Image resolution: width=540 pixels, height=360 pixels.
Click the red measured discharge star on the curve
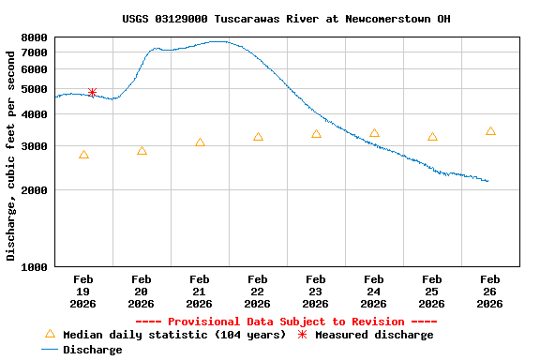point(92,93)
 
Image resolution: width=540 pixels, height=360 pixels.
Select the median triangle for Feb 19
point(83,155)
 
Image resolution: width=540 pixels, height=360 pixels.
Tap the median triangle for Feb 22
point(258,137)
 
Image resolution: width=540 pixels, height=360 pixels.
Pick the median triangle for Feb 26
point(490,131)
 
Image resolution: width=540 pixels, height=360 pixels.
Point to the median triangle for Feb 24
point(374,133)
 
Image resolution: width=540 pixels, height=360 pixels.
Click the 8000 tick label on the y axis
point(34,38)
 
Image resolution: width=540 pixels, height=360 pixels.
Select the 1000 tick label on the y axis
point(34,267)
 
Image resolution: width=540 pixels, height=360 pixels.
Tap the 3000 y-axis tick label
point(34,147)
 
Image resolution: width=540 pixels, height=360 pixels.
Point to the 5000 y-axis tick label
point(34,90)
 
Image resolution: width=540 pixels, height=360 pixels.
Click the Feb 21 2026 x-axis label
point(199,291)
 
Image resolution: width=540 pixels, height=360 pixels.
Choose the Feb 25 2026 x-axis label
point(431,291)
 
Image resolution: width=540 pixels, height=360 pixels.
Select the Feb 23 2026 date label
point(315,291)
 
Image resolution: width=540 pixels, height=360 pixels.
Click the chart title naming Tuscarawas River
point(286,19)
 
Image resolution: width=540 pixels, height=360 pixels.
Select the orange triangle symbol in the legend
point(51,334)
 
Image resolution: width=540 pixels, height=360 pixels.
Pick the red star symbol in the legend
point(302,335)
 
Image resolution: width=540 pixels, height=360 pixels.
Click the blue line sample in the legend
point(51,350)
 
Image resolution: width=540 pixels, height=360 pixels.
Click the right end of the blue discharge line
point(488,181)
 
